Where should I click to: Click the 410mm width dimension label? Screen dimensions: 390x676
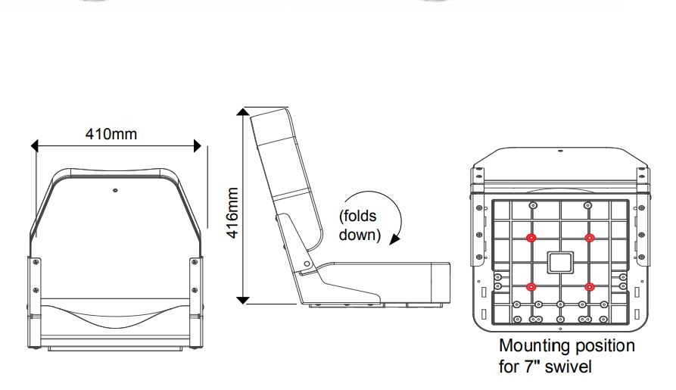(x=111, y=135)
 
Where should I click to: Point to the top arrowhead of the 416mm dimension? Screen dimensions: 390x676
(x=242, y=114)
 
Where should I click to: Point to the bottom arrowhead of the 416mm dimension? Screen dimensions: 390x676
(x=242, y=300)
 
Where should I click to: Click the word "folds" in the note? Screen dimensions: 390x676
(x=360, y=216)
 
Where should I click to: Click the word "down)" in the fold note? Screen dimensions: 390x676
(x=358, y=234)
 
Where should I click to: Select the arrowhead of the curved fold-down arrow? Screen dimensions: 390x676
(x=394, y=240)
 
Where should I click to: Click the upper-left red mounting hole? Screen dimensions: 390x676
(x=531, y=238)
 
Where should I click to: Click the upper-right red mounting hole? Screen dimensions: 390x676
(x=590, y=238)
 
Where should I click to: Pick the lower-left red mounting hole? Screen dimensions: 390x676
(x=531, y=286)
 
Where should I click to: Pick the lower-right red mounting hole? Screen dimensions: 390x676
(x=590, y=286)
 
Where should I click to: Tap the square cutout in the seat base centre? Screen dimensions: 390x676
(x=560, y=263)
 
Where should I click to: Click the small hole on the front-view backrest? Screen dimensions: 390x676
(x=114, y=190)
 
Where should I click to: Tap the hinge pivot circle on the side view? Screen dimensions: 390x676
(x=306, y=264)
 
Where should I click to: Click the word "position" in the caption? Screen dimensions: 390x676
(x=602, y=347)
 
